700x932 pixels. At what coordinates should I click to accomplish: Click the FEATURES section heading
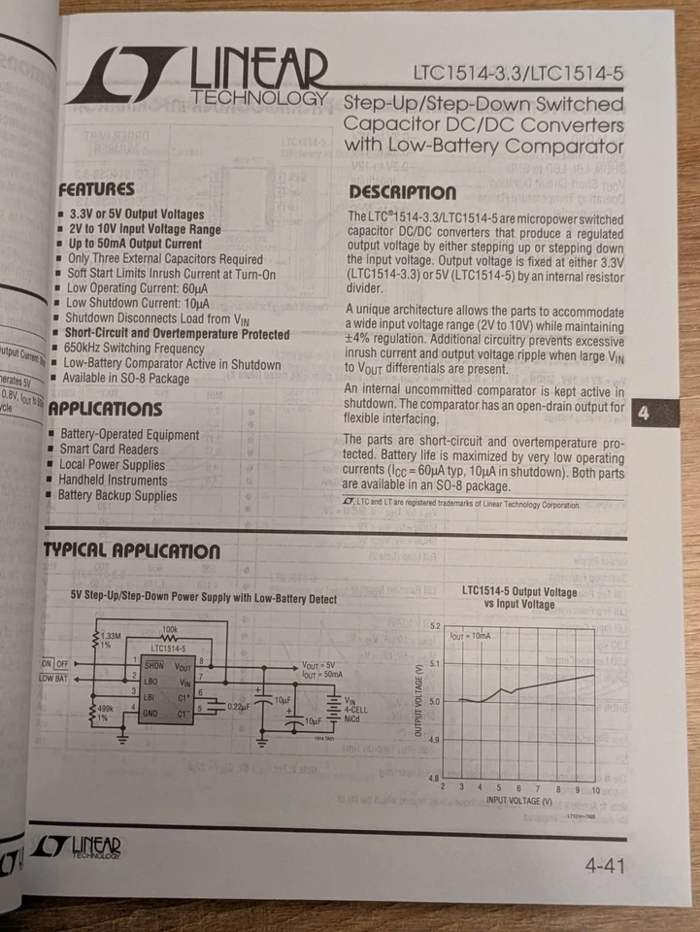click(96, 189)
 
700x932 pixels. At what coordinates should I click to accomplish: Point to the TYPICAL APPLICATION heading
click(131, 552)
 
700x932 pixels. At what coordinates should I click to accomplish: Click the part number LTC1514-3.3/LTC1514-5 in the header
click(517, 73)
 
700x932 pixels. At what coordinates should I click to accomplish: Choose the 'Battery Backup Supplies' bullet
click(117, 496)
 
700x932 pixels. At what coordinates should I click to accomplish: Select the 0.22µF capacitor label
click(239, 707)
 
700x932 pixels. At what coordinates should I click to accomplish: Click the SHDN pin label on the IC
click(153, 666)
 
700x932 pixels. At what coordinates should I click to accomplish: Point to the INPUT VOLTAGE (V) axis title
click(519, 801)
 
